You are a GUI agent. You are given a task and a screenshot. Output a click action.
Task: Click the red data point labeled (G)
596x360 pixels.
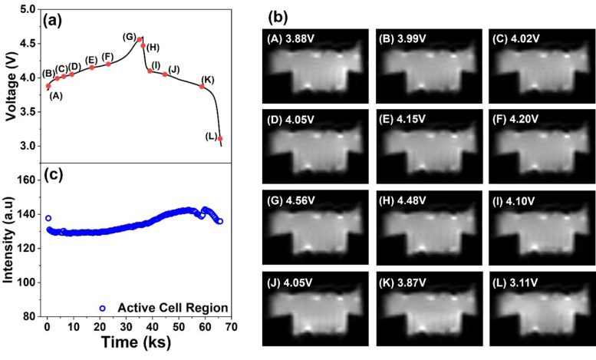(139, 39)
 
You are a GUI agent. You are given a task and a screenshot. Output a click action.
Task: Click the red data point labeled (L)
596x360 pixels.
(220, 138)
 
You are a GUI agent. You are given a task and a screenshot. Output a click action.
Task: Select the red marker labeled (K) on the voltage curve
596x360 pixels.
(202, 87)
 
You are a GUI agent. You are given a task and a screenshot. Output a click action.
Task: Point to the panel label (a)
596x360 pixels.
(62, 20)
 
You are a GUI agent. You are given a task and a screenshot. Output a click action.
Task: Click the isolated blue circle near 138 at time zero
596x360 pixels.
(48, 218)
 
